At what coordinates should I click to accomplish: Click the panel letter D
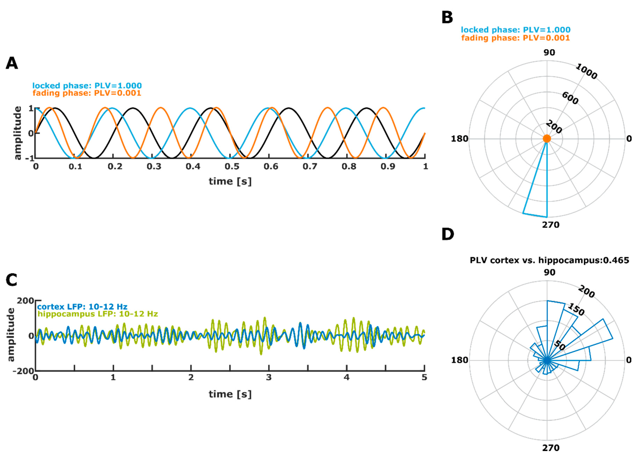[448, 234]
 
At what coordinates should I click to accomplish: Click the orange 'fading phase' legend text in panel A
[87, 93]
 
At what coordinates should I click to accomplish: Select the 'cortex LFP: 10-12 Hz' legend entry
[82, 307]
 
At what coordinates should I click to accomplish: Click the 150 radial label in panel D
[576, 309]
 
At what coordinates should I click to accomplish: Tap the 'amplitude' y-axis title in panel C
[11, 335]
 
